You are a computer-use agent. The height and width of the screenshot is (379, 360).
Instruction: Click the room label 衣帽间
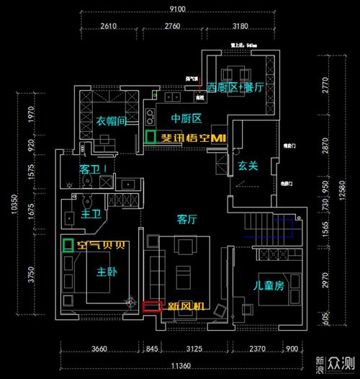pos(112,122)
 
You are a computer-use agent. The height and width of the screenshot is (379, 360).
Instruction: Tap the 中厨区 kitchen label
pos(185,118)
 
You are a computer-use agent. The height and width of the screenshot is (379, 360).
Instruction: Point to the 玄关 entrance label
pos(248,166)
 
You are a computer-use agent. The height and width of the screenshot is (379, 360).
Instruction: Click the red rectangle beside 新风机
pos(152,306)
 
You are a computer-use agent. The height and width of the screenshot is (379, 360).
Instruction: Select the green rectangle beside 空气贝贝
pos(68,245)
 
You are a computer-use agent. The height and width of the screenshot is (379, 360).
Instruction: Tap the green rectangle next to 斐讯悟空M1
pos(150,137)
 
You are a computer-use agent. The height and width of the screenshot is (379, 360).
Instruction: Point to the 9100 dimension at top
pos(177,9)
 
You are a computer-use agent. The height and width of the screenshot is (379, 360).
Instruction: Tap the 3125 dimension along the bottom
pos(194,350)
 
